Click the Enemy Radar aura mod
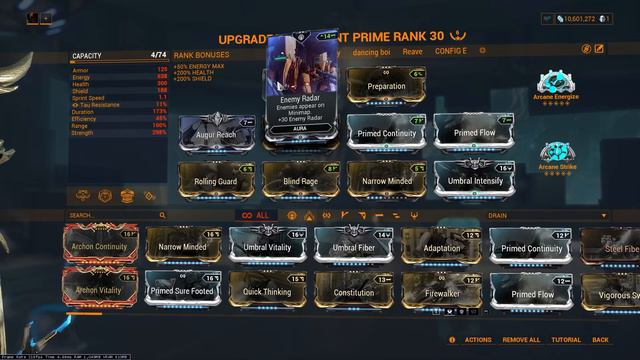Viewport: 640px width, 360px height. (301, 85)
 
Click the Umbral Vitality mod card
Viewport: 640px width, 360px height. (267, 245)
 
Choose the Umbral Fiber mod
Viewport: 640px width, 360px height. (353, 245)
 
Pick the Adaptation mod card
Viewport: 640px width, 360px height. (441, 245)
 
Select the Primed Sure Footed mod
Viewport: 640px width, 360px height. (183, 290)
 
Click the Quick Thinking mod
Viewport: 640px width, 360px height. (267, 290)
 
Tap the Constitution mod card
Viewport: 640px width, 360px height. (353, 290)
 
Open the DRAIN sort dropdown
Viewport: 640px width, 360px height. (546, 215)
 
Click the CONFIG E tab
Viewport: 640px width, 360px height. (452, 49)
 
